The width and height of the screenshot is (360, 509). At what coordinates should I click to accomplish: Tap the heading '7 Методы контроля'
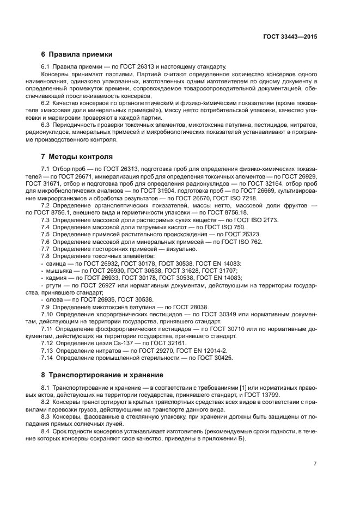point(77,156)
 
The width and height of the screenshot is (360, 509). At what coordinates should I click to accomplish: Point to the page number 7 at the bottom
point(315,464)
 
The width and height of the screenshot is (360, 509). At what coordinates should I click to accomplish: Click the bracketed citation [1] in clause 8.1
point(243,388)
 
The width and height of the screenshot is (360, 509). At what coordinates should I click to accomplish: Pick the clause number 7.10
point(47,314)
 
